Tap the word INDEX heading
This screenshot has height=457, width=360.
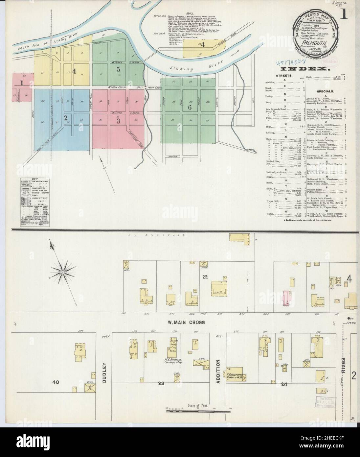tap(305, 69)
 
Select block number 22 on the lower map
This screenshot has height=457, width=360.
tap(205, 277)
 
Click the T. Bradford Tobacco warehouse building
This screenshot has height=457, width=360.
tap(234, 377)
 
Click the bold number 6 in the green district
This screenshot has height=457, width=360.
tap(190, 107)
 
